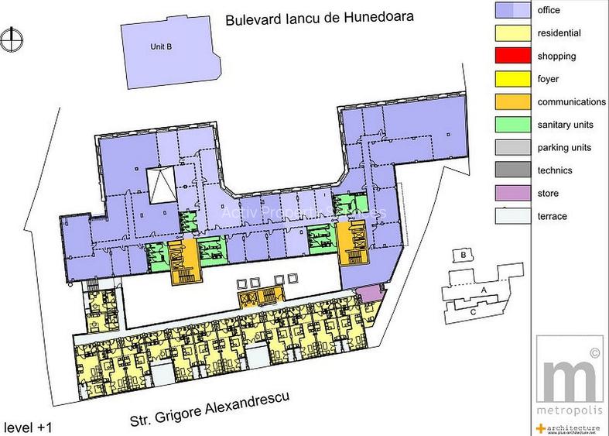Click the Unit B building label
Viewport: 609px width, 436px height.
(x=161, y=47)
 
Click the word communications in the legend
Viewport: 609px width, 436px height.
(x=571, y=102)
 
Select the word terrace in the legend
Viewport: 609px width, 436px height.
(x=553, y=217)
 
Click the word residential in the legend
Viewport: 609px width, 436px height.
(x=559, y=34)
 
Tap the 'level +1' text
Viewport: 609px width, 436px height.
(x=29, y=426)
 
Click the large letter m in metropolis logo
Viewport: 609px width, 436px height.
(x=571, y=377)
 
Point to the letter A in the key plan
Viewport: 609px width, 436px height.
(x=484, y=289)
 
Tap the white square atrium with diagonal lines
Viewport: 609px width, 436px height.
(x=163, y=184)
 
